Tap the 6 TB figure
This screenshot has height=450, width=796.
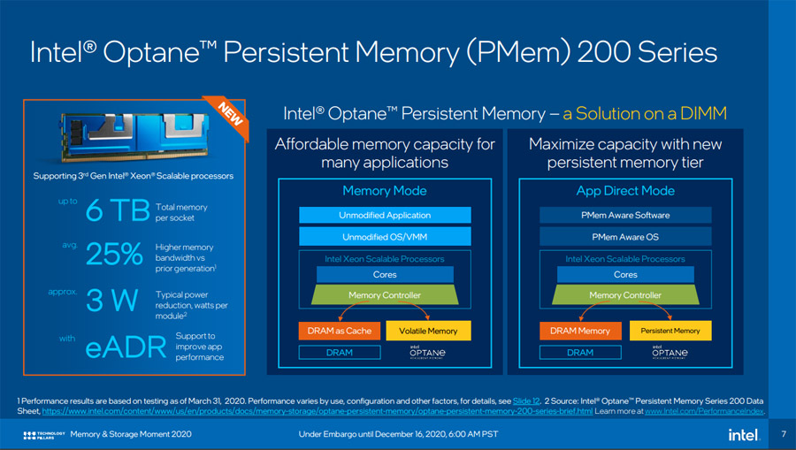point(118,210)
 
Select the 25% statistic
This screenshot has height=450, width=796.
point(114,254)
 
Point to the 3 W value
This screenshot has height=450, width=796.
point(111,300)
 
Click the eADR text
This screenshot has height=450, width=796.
point(126,347)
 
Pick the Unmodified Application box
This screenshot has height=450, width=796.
point(385,215)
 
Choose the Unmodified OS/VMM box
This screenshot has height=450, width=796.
point(385,237)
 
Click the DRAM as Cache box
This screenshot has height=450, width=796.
point(340,331)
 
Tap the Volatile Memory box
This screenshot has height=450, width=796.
point(428,331)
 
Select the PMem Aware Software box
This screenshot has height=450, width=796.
point(625,215)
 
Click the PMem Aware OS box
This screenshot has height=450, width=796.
point(625,237)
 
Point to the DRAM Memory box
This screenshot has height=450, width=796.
point(580,331)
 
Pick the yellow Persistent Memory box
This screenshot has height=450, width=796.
point(670,331)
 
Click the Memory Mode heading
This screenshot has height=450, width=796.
point(385,191)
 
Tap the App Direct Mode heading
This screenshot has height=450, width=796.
point(625,191)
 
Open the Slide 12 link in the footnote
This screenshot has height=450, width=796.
point(526,400)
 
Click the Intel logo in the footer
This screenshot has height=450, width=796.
point(744,435)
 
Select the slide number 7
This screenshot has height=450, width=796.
point(784,434)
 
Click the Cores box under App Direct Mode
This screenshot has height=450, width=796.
point(625,274)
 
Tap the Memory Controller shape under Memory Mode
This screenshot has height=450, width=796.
point(385,294)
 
